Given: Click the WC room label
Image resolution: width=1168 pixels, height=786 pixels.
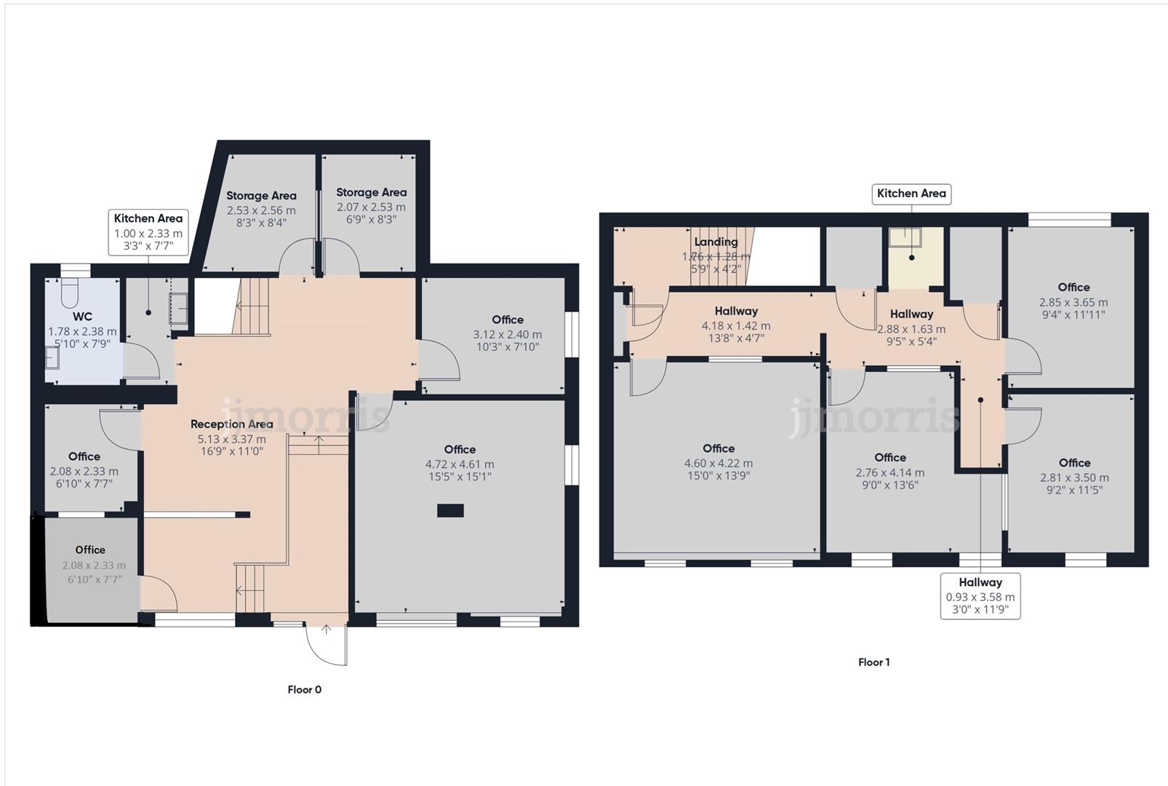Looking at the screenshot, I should point(82,317).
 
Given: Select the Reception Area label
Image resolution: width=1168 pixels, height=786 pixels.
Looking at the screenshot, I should point(231,424).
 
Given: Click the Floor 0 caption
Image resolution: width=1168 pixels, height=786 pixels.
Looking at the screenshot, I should point(304,690).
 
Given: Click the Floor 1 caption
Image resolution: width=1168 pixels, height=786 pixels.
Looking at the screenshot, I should point(873,662).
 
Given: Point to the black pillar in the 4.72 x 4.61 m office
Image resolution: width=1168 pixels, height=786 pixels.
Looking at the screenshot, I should point(450,511).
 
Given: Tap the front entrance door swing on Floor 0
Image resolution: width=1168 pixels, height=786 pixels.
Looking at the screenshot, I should point(327,643).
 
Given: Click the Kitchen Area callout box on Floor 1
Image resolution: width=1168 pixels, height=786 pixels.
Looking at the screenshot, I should point(911,194).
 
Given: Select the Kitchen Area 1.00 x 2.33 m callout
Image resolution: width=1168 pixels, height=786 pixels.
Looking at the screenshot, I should point(148,232).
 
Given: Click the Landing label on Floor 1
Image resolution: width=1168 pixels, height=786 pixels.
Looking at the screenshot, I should point(716,242).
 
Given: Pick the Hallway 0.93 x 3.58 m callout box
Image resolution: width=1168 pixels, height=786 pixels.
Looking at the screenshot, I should point(980,595).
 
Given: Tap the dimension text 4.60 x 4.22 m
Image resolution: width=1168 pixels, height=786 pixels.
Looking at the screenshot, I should point(718,463).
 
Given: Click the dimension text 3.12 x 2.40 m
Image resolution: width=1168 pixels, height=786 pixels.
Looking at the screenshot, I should point(507,335).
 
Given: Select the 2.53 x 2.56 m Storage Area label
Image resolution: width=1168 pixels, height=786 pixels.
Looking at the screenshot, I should point(261,196).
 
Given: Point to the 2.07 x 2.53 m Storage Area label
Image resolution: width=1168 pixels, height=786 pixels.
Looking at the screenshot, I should point(371,193).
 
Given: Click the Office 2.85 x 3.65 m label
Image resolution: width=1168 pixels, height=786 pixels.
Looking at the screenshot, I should point(1073,287).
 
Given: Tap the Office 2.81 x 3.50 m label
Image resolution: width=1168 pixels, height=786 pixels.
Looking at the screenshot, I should point(1074,463).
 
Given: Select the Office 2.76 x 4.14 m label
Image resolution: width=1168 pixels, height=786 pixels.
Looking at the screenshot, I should point(889,458).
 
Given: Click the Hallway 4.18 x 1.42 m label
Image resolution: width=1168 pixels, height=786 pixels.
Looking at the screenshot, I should point(736,311).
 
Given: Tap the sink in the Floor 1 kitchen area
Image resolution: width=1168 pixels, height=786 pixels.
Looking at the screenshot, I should point(905,235).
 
